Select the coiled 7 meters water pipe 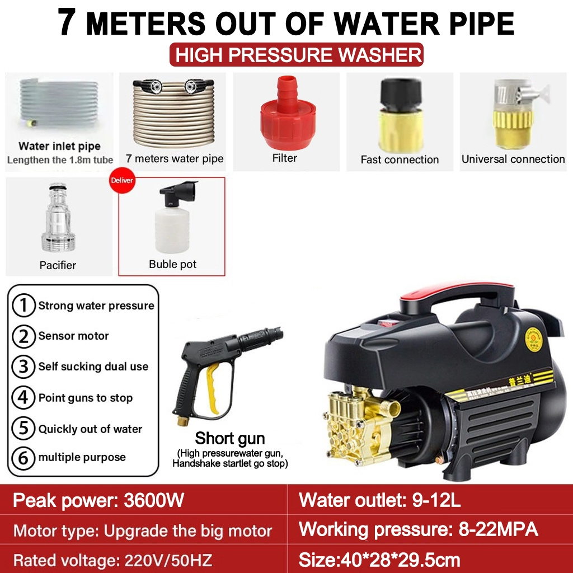pos(173,111)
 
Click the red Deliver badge pos(121,181)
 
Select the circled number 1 pos(23,306)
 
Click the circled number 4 pos(23,398)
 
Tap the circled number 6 pos(23,458)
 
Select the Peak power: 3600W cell pos(98,500)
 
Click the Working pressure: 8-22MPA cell pos(419,529)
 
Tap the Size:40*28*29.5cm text pos(380,560)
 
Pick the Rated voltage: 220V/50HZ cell pos(112,560)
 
